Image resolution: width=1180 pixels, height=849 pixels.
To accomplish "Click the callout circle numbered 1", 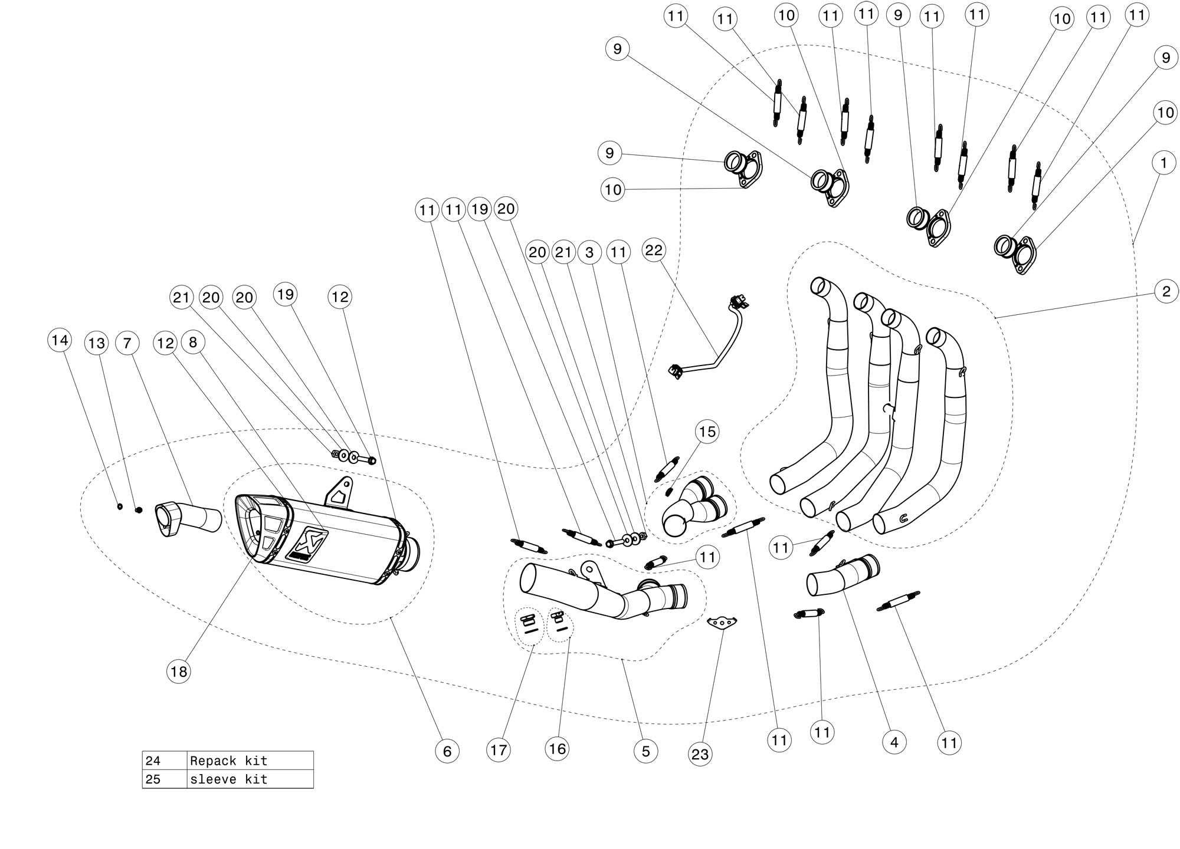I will coord(1163,163).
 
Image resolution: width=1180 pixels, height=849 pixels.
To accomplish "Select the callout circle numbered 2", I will coord(1166,291).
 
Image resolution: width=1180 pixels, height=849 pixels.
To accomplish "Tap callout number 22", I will coord(654,251).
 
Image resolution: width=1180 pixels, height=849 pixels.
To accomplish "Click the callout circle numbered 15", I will coord(707,432).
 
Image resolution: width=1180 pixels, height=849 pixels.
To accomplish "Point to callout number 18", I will coord(179,671).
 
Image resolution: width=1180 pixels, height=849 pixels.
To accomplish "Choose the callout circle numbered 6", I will coord(447,751).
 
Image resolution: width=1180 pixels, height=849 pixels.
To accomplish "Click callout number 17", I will coord(499,750).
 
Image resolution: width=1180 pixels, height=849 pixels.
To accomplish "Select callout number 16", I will coord(557,749).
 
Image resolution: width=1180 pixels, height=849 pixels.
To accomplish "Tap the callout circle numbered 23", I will coord(700,754).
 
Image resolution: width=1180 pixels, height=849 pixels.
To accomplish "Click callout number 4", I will coord(894,742).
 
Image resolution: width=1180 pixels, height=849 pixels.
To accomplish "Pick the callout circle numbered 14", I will coord(60,340).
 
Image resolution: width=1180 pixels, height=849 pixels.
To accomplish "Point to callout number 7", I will coord(127,343).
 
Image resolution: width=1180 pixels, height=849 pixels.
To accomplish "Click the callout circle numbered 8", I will coord(193,342).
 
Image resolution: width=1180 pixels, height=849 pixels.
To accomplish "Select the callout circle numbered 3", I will coord(589,252).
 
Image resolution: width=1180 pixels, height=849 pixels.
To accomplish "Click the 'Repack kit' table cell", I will coord(250,761).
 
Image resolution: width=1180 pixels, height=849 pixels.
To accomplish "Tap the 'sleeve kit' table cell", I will coord(250,779).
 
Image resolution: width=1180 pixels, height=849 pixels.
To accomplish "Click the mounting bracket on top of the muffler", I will coord(339,491).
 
